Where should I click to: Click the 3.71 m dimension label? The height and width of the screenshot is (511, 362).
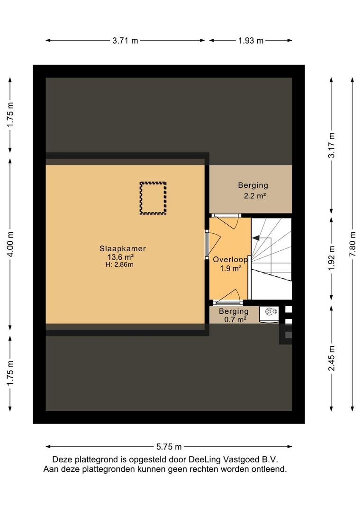point(126,41)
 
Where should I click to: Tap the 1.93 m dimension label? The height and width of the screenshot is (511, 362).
point(251,41)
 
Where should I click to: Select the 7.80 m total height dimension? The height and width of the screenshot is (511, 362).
point(352,244)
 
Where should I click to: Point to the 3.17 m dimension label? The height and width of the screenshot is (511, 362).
point(331,145)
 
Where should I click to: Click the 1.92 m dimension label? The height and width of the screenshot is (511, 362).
point(331,258)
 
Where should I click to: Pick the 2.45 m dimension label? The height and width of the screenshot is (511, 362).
point(331,358)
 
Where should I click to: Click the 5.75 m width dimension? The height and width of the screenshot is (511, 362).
point(169,447)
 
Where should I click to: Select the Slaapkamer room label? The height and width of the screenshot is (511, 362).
point(122,248)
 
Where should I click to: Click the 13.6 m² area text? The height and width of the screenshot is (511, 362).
point(121,257)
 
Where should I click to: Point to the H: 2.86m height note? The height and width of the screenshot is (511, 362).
point(119,264)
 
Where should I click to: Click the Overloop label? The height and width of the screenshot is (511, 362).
point(230,260)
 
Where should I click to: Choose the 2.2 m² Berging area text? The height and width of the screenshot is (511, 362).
point(254,196)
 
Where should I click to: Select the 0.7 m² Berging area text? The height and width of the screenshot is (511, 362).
point(235,320)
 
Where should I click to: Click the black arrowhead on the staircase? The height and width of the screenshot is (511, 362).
point(256,238)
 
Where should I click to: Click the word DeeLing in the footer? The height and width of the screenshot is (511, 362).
point(205,459)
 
